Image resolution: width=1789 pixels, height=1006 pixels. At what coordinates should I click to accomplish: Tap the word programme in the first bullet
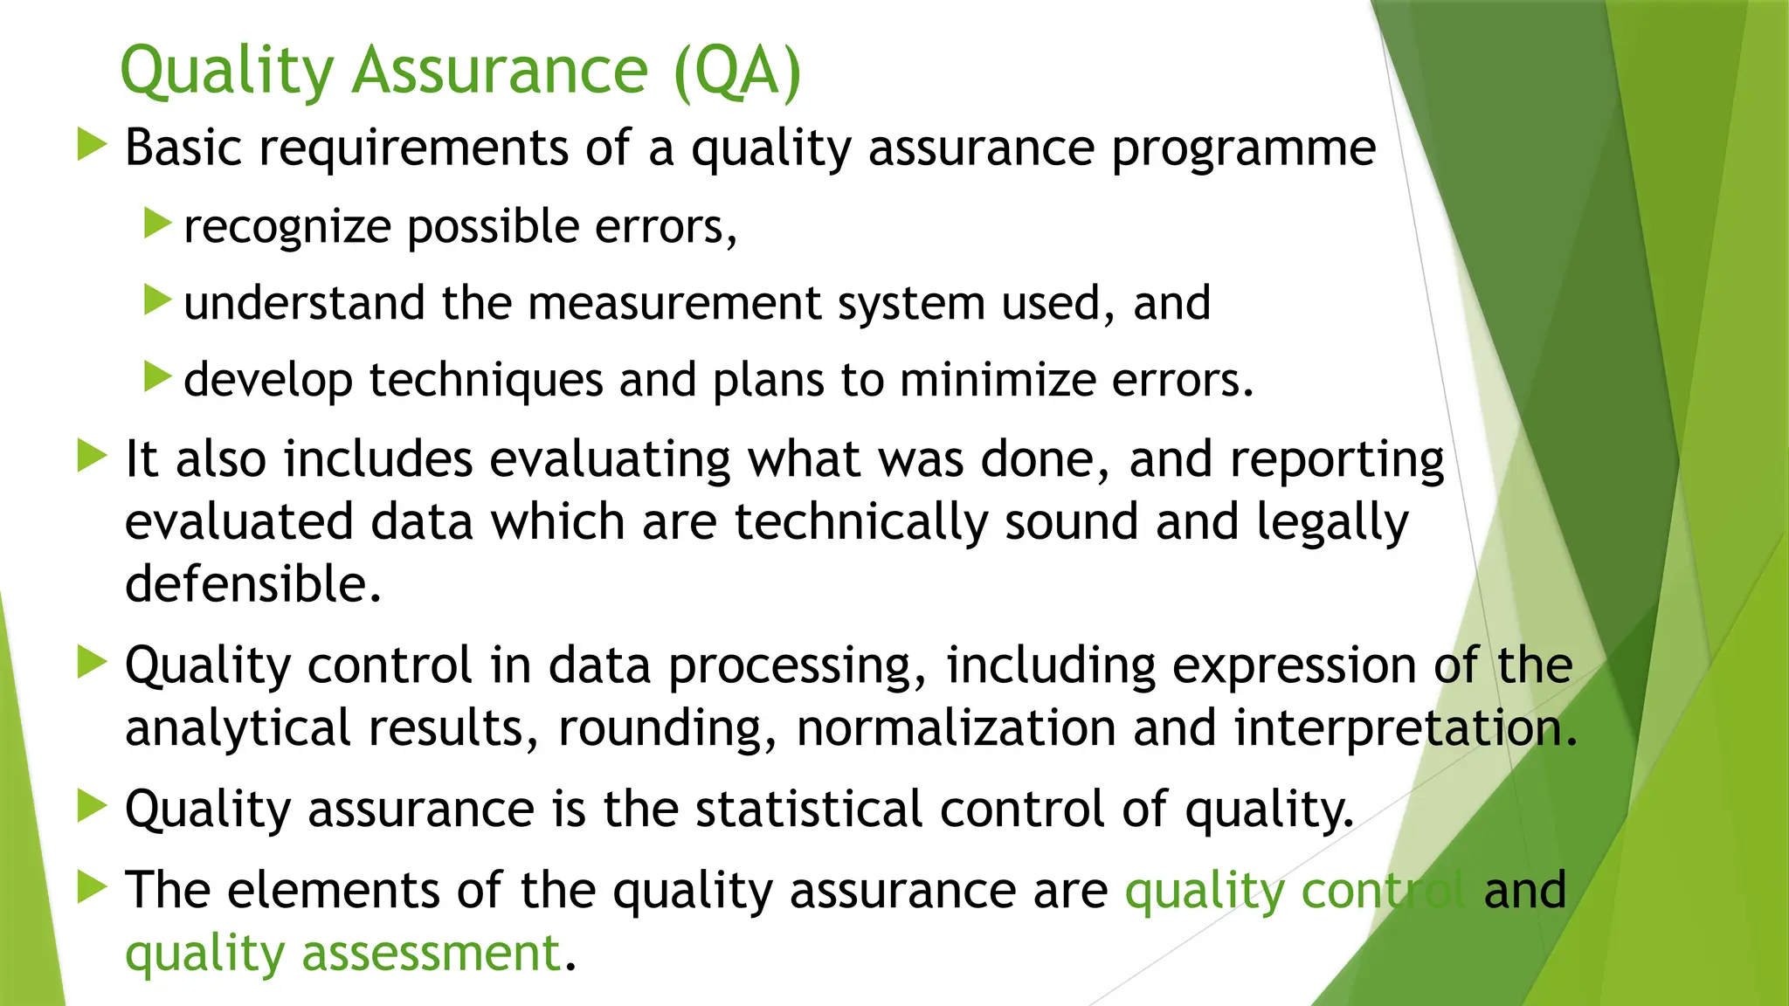(1243, 148)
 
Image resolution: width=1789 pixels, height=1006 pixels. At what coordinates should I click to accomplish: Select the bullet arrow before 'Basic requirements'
(91, 144)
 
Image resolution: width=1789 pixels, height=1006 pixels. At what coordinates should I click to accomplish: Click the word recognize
(287, 227)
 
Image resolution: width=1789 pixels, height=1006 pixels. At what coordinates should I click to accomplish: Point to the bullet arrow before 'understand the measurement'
(157, 300)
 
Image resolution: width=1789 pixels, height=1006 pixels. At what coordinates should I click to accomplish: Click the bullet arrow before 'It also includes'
(91, 456)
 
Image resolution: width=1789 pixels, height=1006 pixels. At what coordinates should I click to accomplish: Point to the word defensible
(252, 584)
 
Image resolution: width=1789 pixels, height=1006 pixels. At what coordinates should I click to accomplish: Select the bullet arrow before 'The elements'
(91, 887)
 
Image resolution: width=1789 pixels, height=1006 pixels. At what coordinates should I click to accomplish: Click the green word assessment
(432, 953)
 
